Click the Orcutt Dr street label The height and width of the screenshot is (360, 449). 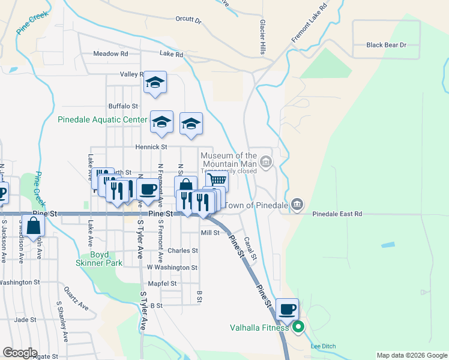188,19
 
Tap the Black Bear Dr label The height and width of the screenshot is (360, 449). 387,45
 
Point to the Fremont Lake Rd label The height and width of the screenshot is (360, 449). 309,23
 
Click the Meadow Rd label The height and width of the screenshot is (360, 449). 110,53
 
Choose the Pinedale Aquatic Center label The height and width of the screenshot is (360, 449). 102,119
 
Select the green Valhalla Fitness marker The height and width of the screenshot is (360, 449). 297,328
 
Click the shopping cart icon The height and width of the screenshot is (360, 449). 217,179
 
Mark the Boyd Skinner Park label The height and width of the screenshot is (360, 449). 99,258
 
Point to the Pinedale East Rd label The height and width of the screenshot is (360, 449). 337,214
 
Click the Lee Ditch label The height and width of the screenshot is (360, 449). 323,346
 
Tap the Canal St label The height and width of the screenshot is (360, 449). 249,249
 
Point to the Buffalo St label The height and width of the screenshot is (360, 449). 123,106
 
